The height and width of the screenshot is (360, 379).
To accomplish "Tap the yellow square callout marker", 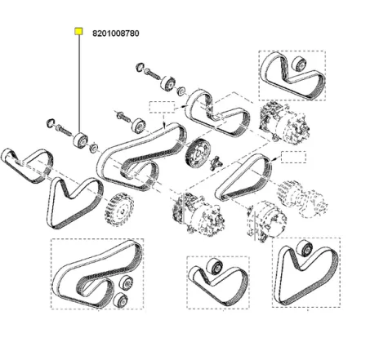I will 78,33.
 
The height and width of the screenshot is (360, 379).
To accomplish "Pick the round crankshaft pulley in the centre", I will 196,152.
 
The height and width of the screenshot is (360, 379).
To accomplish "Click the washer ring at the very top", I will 140,66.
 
